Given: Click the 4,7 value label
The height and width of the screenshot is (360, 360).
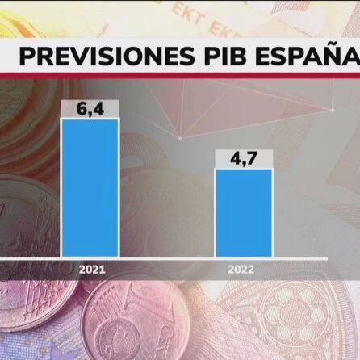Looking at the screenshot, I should (243, 158).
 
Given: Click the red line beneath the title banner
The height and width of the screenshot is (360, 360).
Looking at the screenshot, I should (180, 76).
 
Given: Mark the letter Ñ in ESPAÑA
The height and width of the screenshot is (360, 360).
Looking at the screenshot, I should (329, 57).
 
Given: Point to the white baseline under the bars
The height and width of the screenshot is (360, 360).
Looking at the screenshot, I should (180, 258).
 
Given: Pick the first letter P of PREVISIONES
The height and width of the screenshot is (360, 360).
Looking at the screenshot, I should (27, 57).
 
